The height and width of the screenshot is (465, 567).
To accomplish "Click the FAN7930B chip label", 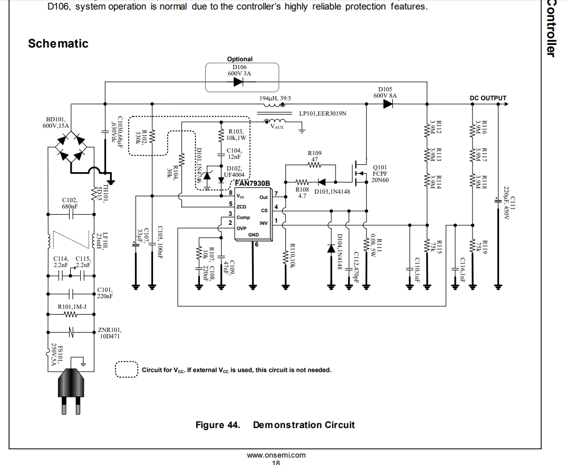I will point(252,183).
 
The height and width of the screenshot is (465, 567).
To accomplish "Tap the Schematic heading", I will point(58,44).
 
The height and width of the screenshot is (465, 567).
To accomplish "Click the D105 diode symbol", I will point(388,104).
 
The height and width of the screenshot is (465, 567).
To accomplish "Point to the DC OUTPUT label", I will point(488,98).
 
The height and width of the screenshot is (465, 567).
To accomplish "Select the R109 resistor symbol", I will point(315,165).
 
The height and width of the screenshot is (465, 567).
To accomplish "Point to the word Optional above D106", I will point(240,59).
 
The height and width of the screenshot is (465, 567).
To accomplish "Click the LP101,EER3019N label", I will point(322,113).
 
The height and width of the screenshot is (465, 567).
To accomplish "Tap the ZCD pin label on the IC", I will point(242,206).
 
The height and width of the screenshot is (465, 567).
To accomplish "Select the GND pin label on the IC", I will point(254,235).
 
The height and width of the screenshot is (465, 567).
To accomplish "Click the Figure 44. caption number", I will point(217,425).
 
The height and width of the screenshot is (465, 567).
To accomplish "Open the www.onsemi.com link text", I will point(276,455).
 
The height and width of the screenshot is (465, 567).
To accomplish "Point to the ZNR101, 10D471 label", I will point(110,333).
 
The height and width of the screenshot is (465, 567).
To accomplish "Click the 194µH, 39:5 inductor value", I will point(275,98).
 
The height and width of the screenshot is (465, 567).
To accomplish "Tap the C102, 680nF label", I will point(70,204).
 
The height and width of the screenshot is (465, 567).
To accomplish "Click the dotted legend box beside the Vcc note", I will point(126,369).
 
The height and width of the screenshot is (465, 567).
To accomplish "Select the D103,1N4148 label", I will point(332,192).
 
